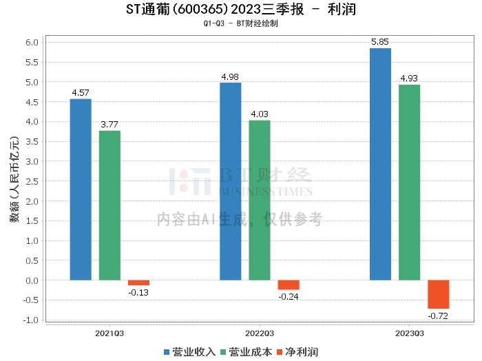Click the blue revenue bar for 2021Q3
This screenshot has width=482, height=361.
[x=81, y=189]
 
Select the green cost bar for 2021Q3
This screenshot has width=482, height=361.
[x=109, y=205]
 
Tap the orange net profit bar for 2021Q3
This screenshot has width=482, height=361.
[x=138, y=282]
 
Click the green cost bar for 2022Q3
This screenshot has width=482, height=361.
[x=260, y=200]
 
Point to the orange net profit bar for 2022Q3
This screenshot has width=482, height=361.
[x=289, y=285]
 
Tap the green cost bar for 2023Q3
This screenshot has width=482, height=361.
[x=409, y=182]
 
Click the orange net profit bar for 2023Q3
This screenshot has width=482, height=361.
[x=438, y=294]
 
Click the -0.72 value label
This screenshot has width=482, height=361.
[x=438, y=316]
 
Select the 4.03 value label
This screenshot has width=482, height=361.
[x=260, y=114]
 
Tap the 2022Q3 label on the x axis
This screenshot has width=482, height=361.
[x=260, y=333]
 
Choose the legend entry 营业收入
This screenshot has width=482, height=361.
[x=190, y=351]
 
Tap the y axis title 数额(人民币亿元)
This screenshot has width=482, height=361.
[x=13, y=181]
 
